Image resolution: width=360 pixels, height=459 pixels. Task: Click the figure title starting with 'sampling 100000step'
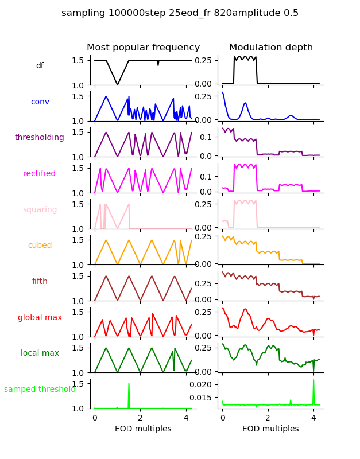coord(180,13)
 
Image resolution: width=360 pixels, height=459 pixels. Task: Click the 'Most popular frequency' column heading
coord(144,48)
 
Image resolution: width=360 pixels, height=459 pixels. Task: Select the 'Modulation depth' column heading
coord(271,48)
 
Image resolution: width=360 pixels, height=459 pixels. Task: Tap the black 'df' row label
coord(40,66)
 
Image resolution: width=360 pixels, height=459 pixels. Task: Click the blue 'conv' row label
coord(40,102)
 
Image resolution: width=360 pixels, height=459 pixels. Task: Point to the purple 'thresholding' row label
coord(40,138)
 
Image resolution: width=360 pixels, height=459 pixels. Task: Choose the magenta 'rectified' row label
coord(40,174)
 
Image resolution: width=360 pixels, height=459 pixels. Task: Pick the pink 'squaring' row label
coord(40,209)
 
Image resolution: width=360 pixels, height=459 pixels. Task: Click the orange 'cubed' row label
coord(40,246)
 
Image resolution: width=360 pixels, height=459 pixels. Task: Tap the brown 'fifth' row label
coord(40,282)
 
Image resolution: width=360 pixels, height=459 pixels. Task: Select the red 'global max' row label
coord(40,317)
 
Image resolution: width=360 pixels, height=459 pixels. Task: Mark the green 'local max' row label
coord(40,353)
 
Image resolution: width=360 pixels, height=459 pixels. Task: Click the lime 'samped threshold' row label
coord(40,389)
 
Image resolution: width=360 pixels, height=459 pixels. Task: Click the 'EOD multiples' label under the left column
coord(143,429)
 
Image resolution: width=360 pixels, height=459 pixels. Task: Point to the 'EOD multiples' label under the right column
coord(270,429)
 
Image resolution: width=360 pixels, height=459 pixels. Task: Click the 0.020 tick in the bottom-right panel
coord(204,384)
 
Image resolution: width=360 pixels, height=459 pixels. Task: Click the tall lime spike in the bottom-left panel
coord(129,384)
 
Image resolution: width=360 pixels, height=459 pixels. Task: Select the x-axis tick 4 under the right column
coord(313,418)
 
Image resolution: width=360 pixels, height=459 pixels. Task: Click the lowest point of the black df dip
coord(118,85)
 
